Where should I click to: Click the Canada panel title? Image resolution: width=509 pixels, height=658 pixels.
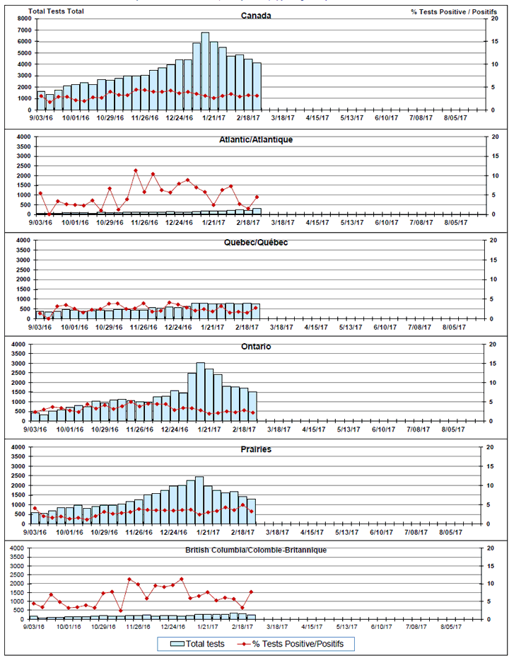[255, 16]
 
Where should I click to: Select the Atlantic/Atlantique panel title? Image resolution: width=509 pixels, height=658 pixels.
[255, 139]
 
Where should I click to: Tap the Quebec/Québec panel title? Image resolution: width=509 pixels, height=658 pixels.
[255, 243]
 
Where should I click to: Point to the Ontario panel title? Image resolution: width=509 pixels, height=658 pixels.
[255, 347]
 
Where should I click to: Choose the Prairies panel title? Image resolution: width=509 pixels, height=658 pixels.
[255, 449]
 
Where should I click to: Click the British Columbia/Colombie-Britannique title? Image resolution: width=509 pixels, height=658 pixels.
[255, 550]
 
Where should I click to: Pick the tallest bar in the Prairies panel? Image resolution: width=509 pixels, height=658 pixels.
[199, 500]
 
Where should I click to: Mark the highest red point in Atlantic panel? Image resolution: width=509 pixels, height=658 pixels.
[136, 171]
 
